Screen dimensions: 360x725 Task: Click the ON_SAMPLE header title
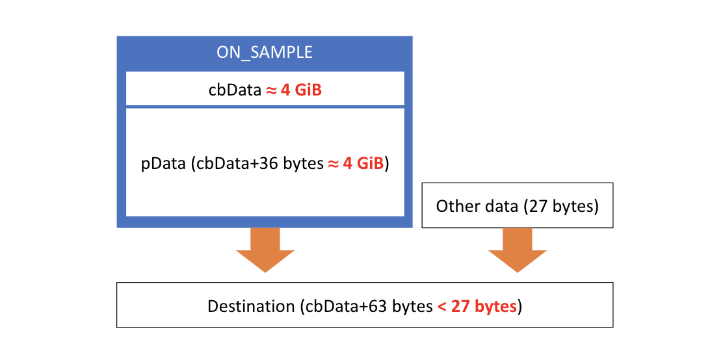(265, 53)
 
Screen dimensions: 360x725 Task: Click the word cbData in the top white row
(234, 90)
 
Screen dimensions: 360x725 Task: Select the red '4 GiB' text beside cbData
(301, 90)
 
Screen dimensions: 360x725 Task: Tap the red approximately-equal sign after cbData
(271, 90)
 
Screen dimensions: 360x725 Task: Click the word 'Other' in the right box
(456, 206)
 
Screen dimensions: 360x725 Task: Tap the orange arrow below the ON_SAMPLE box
(265, 250)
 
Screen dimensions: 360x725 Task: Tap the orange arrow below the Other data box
(518, 250)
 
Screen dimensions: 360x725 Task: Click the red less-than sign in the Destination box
(442, 306)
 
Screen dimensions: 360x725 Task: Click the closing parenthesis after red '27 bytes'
(520, 306)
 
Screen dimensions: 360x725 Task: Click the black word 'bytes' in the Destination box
(412, 306)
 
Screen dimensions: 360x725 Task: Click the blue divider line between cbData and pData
(265, 107)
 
